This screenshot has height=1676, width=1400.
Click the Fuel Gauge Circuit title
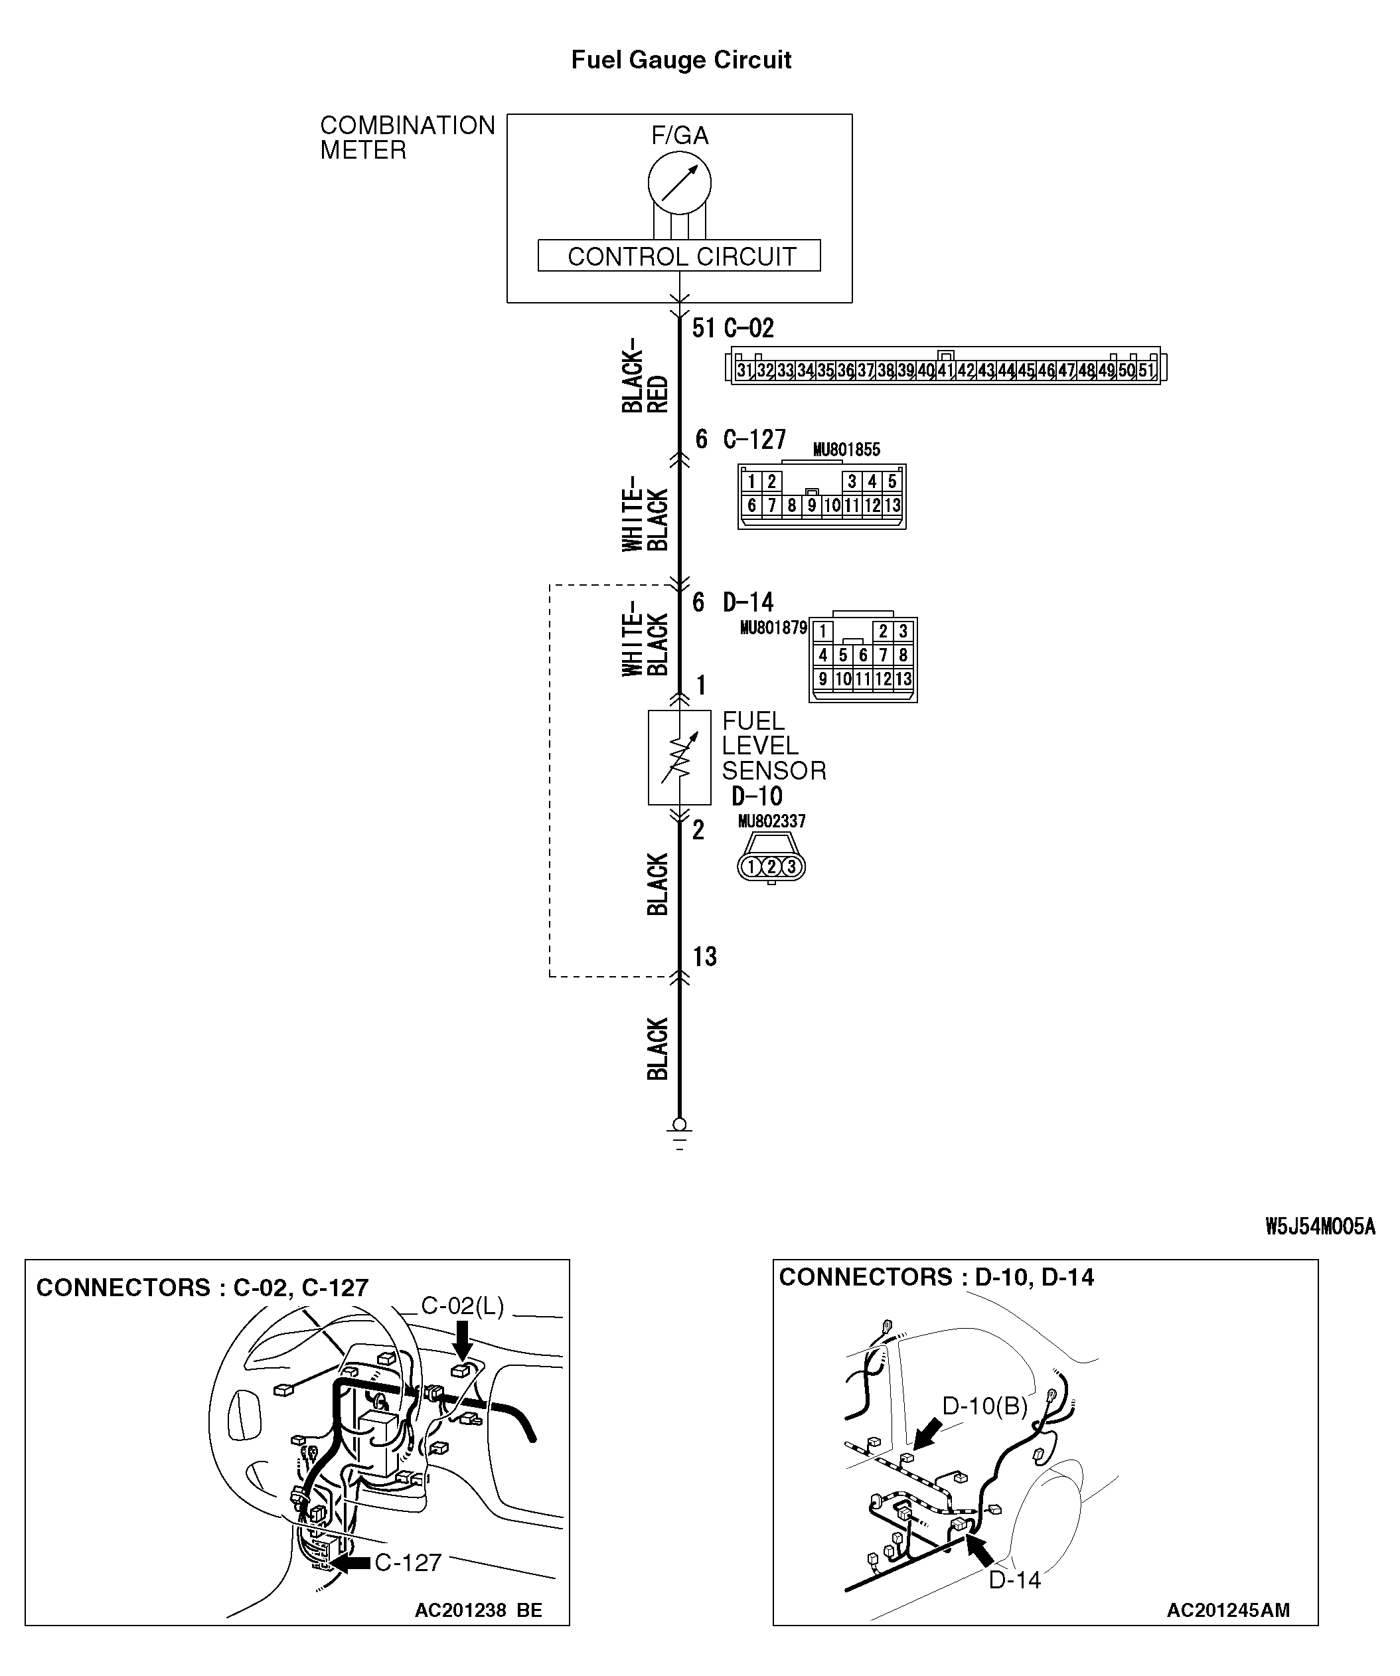click(x=680, y=60)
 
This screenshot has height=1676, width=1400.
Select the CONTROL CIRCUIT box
click(x=679, y=256)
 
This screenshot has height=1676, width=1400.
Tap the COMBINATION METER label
click(x=407, y=137)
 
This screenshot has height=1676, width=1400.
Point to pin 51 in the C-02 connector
click(x=1146, y=371)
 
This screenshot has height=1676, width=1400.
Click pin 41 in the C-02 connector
click(x=945, y=371)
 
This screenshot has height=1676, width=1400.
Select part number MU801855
click(x=846, y=450)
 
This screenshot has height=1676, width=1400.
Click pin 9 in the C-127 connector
click(x=811, y=505)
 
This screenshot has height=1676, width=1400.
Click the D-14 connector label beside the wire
click(x=747, y=602)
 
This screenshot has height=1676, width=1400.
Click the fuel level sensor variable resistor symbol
click(x=679, y=758)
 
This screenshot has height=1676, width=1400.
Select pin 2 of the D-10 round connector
click(x=771, y=866)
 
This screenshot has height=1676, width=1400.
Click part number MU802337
click(x=771, y=821)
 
